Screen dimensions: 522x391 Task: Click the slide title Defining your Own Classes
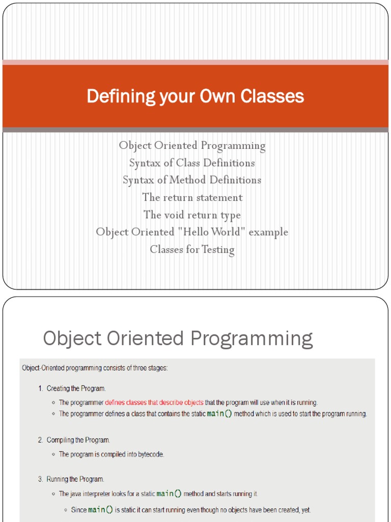[x=195, y=96]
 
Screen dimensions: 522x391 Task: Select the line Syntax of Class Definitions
[x=192, y=163]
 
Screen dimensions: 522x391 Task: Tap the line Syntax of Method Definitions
[x=192, y=180]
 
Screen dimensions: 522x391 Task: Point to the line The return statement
[x=192, y=197]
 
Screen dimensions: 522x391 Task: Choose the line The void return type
[x=192, y=215]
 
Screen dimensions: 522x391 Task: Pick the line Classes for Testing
[x=192, y=249]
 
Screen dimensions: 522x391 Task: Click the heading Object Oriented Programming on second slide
[x=178, y=338]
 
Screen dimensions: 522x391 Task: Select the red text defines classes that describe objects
[x=154, y=402]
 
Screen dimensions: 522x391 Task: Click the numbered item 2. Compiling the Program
[x=74, y=440]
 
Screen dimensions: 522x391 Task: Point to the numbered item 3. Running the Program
[x=71, y=479]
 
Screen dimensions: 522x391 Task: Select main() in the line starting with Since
[x=100, y=510]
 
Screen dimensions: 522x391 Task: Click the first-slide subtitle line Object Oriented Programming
[x=192, y=146]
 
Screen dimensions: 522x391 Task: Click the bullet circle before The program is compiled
[x=53, y=454]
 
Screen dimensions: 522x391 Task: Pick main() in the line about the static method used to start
[x=219, y=414]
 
